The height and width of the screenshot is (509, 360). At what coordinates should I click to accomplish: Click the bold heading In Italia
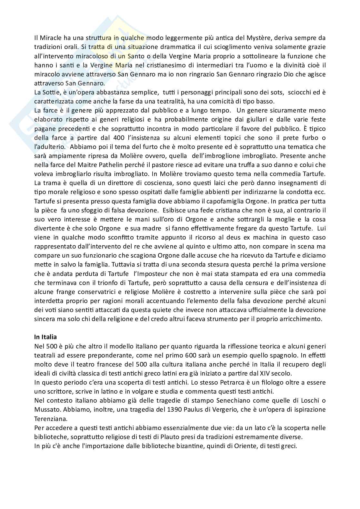pyautogui.click(x=45, y=337)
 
